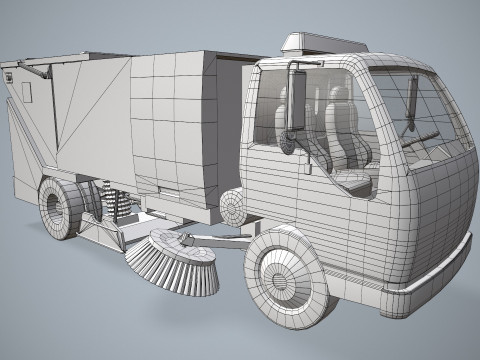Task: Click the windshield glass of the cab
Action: pos(425,110)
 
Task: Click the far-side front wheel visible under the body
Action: pos(232,208)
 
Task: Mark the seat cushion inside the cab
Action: pos(350,180)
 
